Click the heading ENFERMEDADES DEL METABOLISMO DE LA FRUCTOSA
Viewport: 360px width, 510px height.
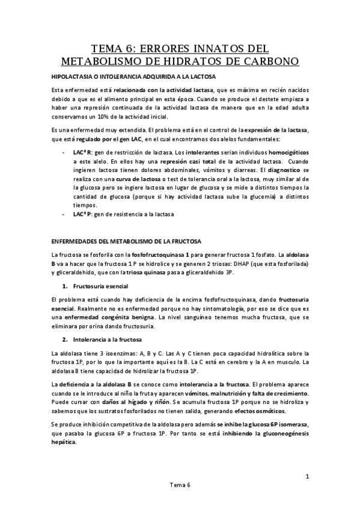(x=129, y=242)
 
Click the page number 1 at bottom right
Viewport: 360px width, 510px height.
(x=307, y=478)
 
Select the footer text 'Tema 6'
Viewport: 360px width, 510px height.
(x=180, y=500)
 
